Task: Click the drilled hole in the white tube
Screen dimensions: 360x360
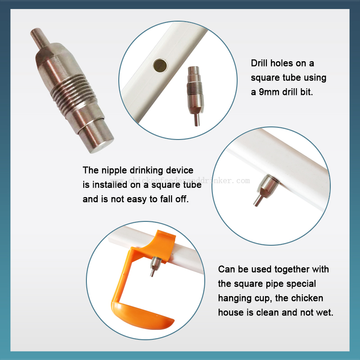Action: point(160,65)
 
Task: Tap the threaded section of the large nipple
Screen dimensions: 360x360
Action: point(73,92)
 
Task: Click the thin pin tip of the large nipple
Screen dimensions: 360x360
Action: point(40,38)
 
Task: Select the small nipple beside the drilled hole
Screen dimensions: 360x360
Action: point(195,96)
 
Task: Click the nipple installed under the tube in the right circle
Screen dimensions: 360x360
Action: point(266,189)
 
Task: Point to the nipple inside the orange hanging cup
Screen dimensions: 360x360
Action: point(155,266)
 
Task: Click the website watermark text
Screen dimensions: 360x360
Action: point(180,180)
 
